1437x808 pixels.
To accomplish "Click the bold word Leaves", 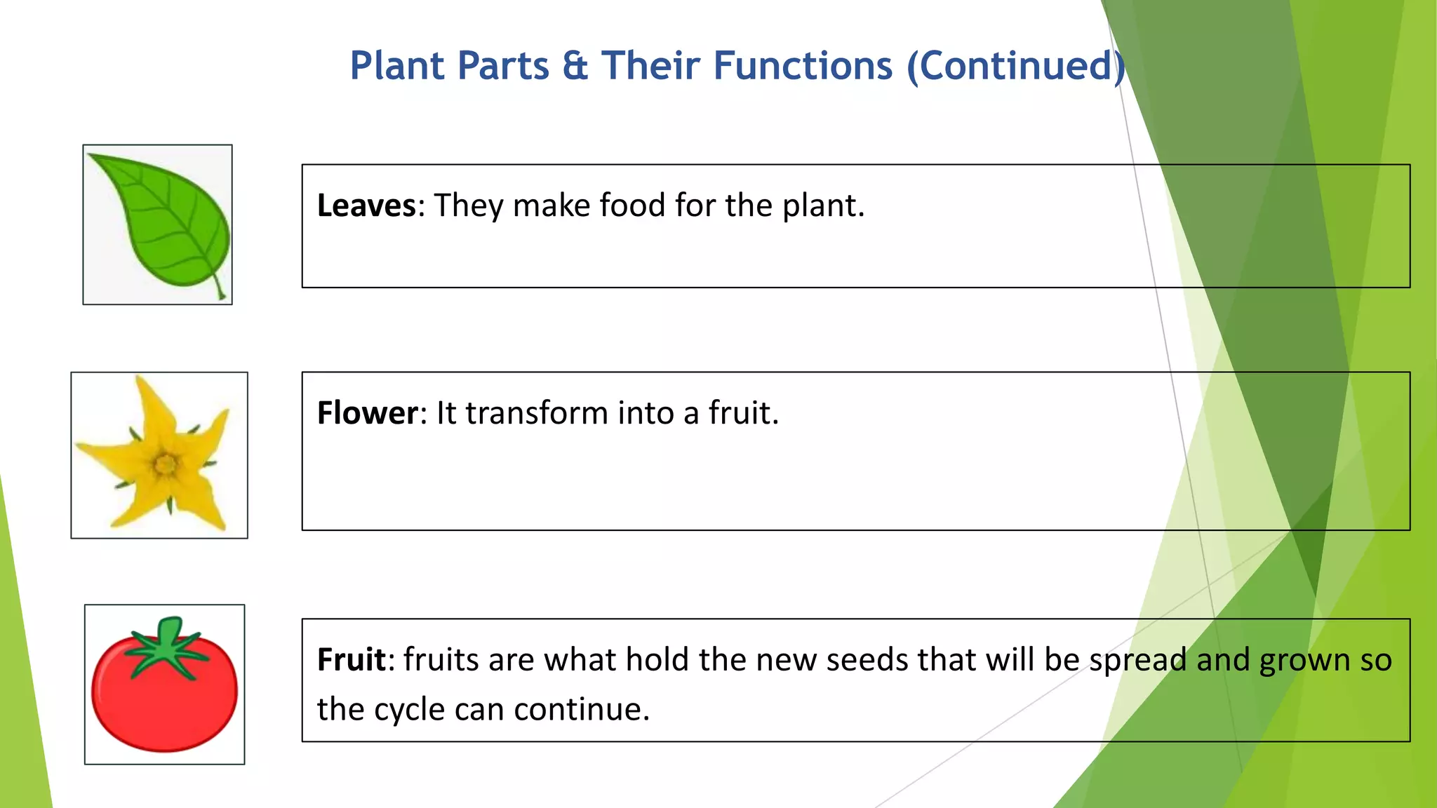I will pos(366,206).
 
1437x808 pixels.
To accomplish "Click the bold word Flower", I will pos(368,413).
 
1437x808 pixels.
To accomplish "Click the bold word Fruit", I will pos(351,660).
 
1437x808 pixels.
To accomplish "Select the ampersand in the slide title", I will pos(575,66).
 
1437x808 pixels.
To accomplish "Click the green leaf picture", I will pos(159,222).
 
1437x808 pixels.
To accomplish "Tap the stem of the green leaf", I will pos(220,289).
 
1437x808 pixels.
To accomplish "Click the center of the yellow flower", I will pos(166,464).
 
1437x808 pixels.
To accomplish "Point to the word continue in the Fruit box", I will pos(582,710).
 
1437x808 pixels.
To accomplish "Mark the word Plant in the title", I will pos(397,66).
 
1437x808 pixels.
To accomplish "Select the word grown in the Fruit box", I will pos(1304,660).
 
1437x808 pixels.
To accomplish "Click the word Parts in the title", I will pos(503,66).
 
